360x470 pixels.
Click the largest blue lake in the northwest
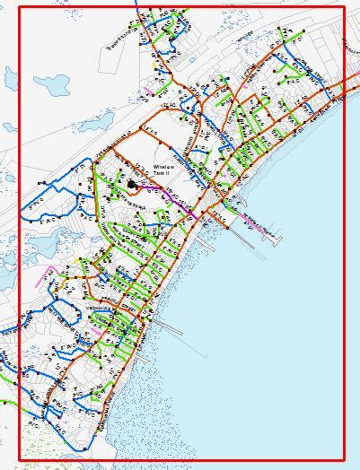(51, 85)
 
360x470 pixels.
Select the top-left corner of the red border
(19, 8)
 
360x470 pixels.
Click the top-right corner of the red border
(345, 8)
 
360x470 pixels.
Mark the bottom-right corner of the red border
(345, 460)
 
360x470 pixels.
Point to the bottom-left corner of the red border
(19, 460)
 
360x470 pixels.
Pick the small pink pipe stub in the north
(148, 90)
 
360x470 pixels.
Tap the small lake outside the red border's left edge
(8, 278)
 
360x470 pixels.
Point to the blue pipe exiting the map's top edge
(136, 7)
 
